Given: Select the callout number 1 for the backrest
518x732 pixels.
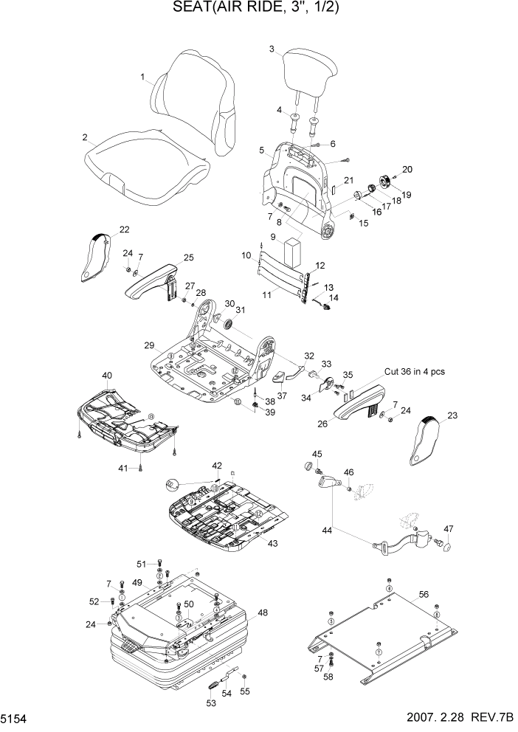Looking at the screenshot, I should pyautogui.click(x=142, y=77).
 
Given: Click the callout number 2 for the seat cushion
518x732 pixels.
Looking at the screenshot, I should pyautogui.click(x=86, y=137).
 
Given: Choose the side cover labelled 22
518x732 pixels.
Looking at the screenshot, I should pyautogui.click(x=97, y=255).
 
